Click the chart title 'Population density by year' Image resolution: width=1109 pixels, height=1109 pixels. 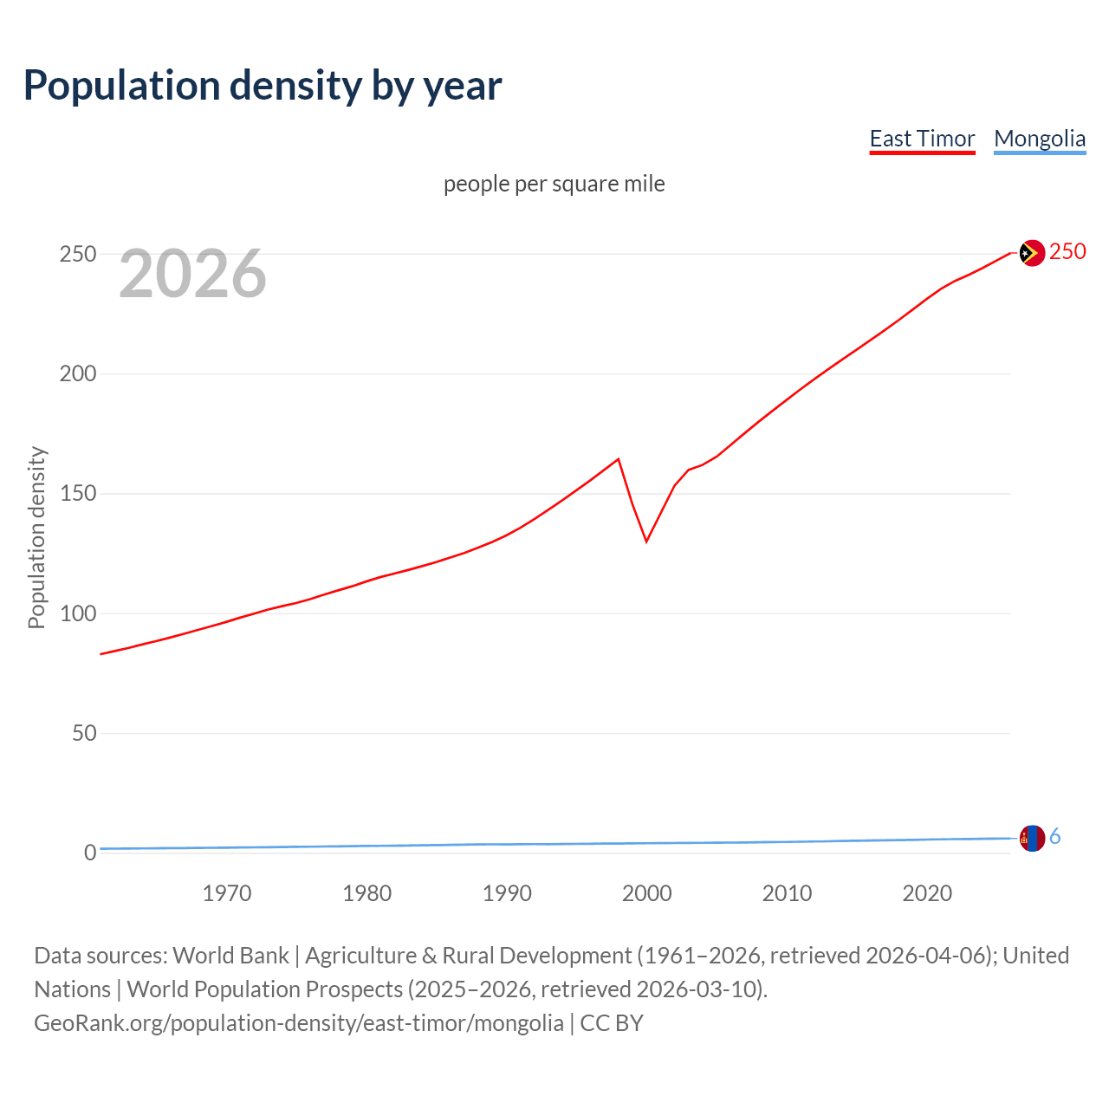point(263,86)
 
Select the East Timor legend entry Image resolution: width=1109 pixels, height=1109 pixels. point(922,139)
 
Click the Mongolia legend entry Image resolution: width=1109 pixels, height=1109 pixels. point(1040,139)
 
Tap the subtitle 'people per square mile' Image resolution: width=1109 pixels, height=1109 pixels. point(554,185)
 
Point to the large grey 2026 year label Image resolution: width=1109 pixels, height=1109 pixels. point(192,274)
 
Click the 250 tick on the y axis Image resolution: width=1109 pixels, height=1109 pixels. point(77,255)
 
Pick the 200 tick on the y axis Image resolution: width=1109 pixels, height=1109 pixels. point(77,374)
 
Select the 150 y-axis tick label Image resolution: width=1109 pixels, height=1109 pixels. point(77,494)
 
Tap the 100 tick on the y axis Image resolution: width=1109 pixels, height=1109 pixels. point(77,613)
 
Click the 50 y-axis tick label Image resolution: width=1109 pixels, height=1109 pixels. point(84,734)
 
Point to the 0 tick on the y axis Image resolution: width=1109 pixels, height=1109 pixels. point(90,853)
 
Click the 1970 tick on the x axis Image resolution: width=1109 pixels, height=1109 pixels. point(227,893)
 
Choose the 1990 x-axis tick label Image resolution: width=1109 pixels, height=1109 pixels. point(507,893)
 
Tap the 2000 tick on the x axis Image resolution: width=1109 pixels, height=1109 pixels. point(647,893)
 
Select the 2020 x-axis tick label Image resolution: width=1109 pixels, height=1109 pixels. point(927,893)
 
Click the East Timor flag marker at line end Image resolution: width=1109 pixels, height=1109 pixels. point(1031,253)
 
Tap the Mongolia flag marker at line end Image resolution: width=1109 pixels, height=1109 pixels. point(1032,839)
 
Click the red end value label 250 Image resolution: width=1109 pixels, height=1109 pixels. point(1067,252)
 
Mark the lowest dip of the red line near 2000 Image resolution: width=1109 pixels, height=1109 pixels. point(646,542)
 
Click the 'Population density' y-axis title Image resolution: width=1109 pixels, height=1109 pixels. point(36,537)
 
